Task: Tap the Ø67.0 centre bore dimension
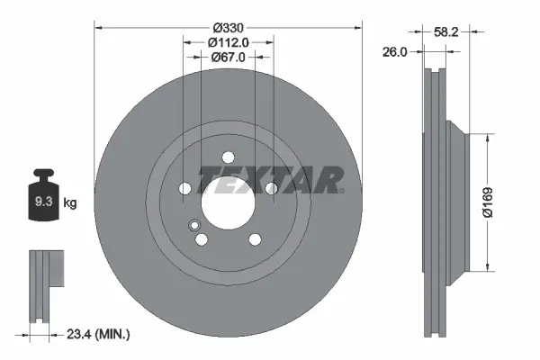click(x=228, y=58)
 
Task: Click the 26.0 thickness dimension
click(x=395, y=52)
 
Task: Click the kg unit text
click(x=70, y=203)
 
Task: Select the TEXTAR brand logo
click(x=268, y=180)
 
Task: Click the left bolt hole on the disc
click(x=185, y=188)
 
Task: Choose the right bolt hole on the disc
click(x=270, y=188)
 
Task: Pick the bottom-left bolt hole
click(x=202, y=238)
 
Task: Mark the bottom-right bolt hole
click(x=254, y=238)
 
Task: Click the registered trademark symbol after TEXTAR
click(x=341, y=190)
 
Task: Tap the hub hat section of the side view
click(x=459, y=202)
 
